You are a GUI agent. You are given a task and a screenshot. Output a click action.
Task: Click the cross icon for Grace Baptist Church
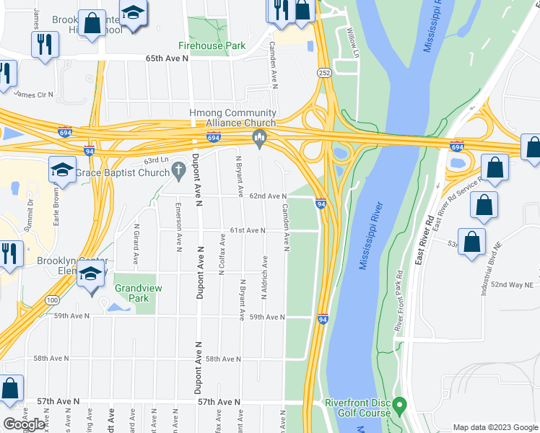[180, 172]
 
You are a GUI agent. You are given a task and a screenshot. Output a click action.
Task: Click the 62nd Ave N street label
[269, 196]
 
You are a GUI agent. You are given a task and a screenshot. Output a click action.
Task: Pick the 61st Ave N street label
[248, 230]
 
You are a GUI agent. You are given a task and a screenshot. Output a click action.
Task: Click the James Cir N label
[34, 95]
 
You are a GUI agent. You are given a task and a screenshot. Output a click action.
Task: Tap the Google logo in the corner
[24, 424]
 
